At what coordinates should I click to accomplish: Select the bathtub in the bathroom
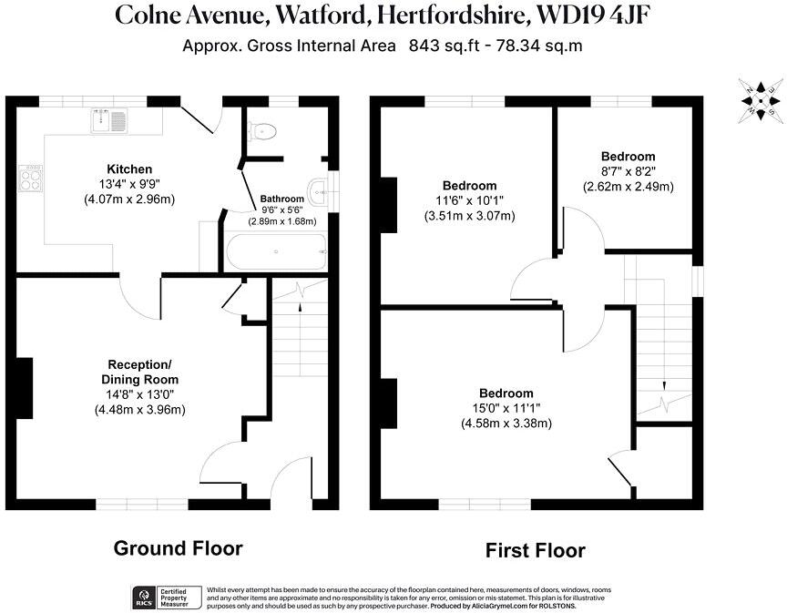(x=274, y=252)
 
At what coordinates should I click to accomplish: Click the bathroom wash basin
(x=319, y=189)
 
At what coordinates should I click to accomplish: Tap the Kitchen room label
(x=129, y=169)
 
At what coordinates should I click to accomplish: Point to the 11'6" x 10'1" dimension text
(x=470, y=201)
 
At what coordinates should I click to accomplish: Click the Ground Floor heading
(x=178, y=548)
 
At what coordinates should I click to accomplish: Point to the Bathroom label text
(x=281, y=198)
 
